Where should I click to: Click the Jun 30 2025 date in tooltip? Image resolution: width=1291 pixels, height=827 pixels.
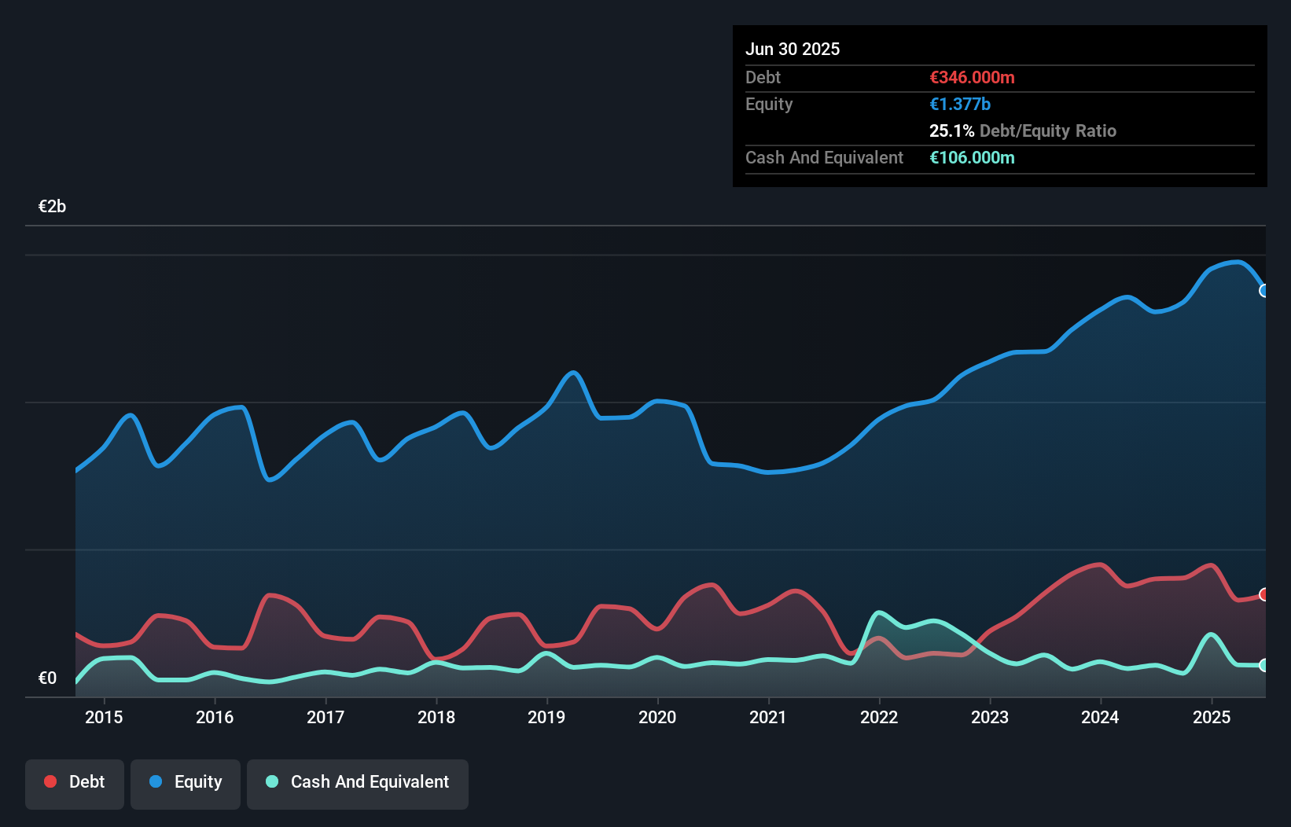(793, 49)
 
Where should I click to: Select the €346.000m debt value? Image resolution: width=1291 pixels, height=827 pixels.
(972, 77)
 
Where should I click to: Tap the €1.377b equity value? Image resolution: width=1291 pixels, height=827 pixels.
(959, 104)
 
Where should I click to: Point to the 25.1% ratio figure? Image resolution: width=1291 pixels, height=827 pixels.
(951, 130)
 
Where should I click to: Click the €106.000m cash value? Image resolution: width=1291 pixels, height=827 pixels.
(972, 157)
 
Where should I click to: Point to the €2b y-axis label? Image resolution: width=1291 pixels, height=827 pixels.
(52, 206)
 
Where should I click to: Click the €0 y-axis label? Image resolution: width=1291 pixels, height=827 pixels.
(47, 678)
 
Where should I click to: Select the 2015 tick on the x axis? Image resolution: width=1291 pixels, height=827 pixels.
(104, 717)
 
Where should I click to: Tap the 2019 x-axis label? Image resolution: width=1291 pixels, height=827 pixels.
(546, 717)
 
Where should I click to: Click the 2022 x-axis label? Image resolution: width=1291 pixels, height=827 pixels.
(879, 717)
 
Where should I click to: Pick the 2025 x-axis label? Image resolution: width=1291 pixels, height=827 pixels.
(1212, 717)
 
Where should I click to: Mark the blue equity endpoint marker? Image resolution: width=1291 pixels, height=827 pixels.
(1264, 291)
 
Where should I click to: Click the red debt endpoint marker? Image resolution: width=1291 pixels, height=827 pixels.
(1264, 594)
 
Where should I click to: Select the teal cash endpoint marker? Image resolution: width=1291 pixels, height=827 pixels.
(1264, 665)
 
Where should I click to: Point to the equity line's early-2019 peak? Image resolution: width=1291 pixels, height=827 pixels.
(574, 373)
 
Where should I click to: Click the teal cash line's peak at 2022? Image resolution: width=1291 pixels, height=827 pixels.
(879, 612)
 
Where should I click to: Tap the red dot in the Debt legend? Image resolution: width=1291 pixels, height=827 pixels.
(50, 781)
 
